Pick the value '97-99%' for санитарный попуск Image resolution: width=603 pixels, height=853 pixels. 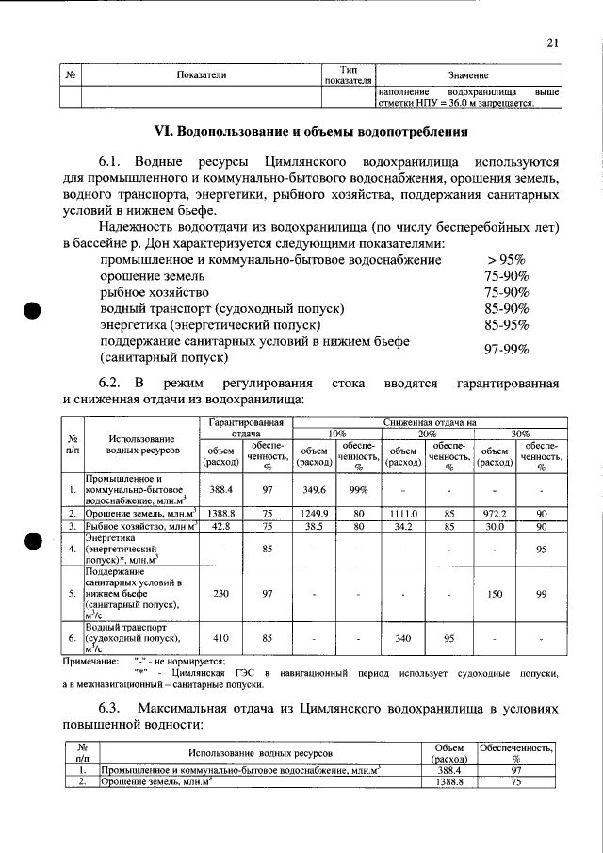[x=506, y=350]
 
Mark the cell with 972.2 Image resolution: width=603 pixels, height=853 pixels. [x=496, y=513]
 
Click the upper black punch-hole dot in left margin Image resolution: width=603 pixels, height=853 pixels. [x=33, y=312]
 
